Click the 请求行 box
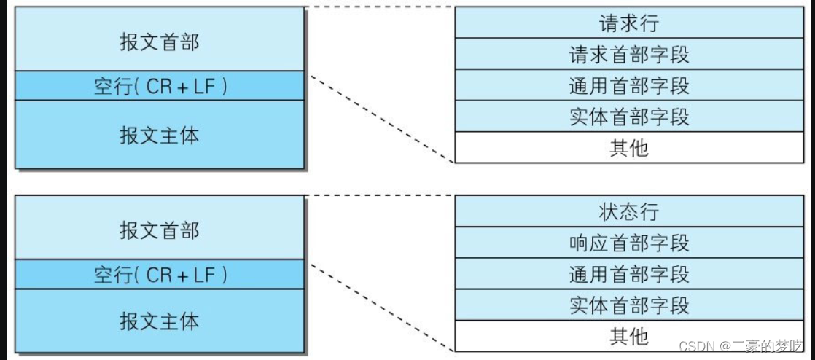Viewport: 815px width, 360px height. [628, 23]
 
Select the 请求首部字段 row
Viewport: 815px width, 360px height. [628, 54]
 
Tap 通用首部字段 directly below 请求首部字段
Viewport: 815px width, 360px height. [628, 85]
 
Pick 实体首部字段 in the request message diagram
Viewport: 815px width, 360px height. [628, 117]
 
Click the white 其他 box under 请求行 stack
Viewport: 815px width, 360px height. [628, 148]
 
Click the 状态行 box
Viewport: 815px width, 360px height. [628, 211]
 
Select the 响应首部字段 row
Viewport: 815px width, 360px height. [628, 243]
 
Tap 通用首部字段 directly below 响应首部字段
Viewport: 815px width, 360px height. [628, 274]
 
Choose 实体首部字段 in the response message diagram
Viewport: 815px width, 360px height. [628, 305]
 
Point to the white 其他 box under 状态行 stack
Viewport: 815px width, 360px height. [628, 336]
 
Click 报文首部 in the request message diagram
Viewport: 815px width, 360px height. [159, 41]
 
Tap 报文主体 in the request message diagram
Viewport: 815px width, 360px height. [159, 135]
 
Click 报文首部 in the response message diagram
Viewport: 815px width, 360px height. [159, 230]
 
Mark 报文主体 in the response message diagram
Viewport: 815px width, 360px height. [159, 321]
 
